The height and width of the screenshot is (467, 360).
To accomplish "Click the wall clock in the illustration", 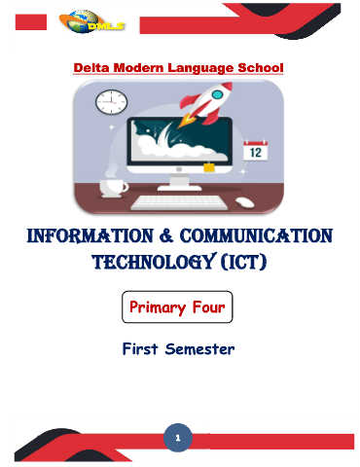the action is tap(111, 102).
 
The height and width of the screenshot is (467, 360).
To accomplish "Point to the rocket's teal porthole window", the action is tap(217, 94).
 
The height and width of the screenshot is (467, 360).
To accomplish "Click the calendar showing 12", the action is tap(256, 151).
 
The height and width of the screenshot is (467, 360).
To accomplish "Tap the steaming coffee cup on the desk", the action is tap(114, 188).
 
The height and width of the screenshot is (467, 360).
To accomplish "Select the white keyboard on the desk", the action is tap(179, 202).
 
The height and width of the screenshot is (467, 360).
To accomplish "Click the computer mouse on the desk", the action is tap(245, 202).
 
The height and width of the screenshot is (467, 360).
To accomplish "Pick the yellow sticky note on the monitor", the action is tap(209, 167).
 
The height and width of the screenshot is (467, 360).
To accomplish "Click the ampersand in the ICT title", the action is tap(166, 235).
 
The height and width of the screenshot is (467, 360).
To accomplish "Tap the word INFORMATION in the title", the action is tap(90, 235).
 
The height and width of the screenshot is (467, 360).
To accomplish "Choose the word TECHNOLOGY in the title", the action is tap(154, 262).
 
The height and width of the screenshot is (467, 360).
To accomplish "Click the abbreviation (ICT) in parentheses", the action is tap(244, 262).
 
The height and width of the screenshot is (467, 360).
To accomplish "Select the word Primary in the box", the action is tap(158, 307).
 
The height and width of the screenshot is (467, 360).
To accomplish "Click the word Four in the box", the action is tap(208, 306).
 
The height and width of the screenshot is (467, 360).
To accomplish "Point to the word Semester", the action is tap(199, 349).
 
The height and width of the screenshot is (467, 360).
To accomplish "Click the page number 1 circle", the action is tap(178, 438).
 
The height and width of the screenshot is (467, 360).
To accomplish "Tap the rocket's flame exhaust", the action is tap(187, 121).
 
